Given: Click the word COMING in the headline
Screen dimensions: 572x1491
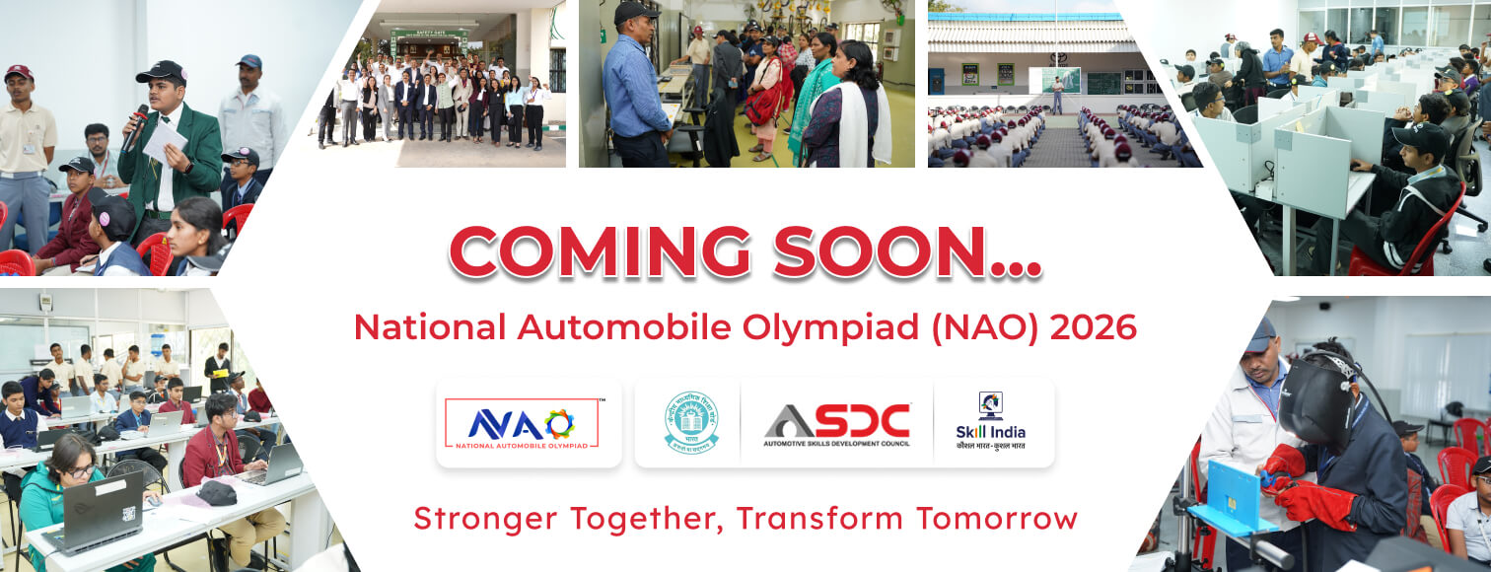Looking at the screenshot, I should coord(599,252).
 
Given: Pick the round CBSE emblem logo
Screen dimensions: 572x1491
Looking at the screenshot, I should coord(691,422).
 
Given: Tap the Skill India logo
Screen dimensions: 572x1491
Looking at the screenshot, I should coord(991,422).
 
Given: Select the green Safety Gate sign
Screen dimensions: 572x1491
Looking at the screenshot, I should coord(429,35).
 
